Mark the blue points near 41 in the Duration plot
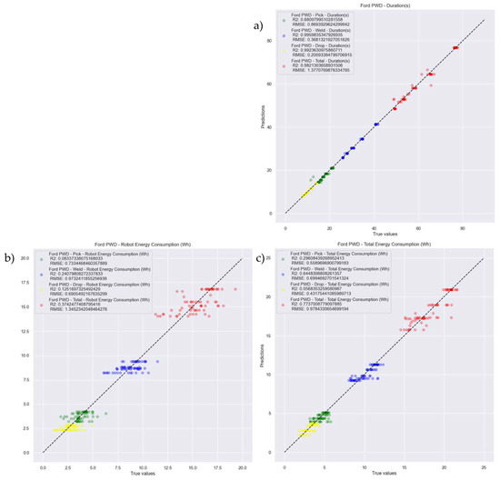tap(376, 124)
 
